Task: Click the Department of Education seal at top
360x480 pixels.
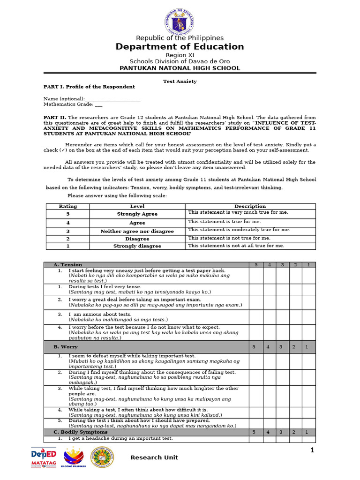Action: click(x=180, y=19)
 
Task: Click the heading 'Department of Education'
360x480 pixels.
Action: click(x=180, y=46)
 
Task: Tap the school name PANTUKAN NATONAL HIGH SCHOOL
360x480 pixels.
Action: click(x=180, y=68)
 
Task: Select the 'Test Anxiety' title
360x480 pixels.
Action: click(x=180, y=81)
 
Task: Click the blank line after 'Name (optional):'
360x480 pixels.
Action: click(x=113, y=99)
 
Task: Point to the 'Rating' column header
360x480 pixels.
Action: click(x=68, y=206)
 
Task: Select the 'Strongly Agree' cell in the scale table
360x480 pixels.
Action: click(x=137, y=214)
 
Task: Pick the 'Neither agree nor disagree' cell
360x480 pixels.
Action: click(x=137, y=231)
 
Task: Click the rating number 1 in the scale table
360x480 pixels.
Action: click(x=68, y=246)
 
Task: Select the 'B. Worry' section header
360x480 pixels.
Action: click(x=66, y=347)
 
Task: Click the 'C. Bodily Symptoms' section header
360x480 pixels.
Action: click(x=81, y=432)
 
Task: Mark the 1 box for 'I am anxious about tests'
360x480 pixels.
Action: click(x=308, y=317)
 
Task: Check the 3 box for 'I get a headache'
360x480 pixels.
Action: click(x=282, y=439)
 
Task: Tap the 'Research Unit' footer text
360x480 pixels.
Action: click(x=154, y=457)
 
